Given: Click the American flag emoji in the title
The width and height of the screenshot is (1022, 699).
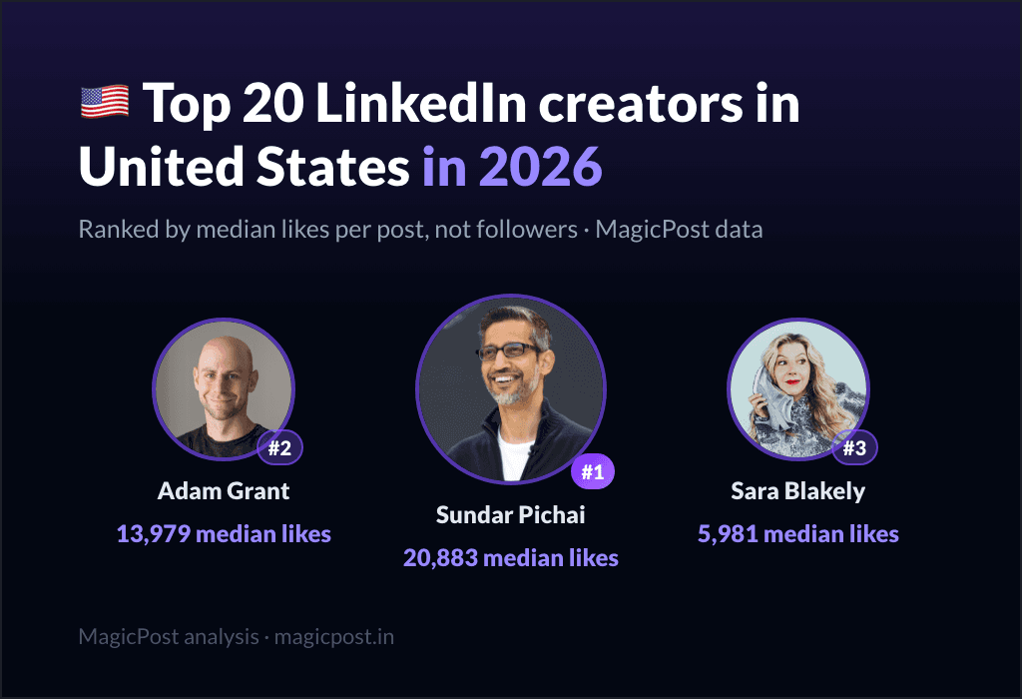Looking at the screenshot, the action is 104,103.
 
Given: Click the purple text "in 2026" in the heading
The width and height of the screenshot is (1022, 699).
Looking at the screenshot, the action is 512,167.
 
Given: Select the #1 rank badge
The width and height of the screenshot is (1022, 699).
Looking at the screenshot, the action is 593,470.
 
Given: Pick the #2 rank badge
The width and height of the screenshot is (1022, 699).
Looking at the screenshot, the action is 279,447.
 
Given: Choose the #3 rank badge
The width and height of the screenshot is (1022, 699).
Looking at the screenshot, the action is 854,447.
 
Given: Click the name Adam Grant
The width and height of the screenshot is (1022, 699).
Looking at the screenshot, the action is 224,490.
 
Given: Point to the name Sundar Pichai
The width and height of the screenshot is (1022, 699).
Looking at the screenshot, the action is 510,514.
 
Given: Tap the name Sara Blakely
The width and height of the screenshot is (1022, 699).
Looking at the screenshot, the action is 797,491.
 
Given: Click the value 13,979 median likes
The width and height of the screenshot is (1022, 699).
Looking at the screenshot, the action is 224,534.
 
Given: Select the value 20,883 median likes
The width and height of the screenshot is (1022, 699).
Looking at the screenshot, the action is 510,558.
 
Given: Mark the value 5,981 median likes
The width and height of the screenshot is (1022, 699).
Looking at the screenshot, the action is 797,534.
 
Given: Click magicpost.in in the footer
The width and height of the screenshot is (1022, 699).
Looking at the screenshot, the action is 333,637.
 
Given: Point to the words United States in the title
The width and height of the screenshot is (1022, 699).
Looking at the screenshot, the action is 245,167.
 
